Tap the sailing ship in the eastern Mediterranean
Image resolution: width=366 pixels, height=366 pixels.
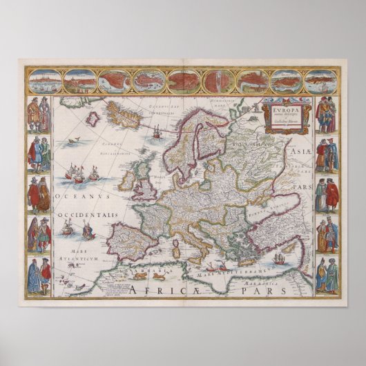[279, 259]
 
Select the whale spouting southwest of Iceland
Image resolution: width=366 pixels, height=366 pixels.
[68, 144]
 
